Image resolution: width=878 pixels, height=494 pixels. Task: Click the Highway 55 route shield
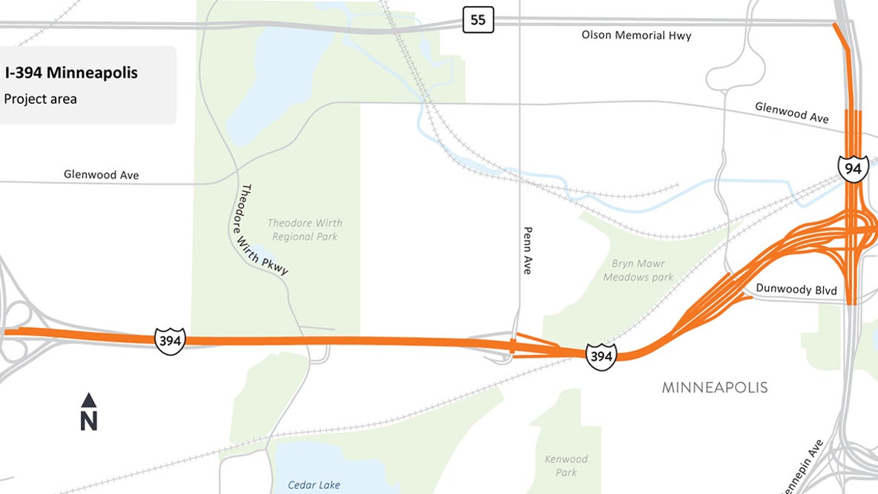(x=478, y=20)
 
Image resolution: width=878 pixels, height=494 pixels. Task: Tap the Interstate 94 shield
(x=853, y=168)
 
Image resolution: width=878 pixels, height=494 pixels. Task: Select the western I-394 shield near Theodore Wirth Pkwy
(x=170, y=340)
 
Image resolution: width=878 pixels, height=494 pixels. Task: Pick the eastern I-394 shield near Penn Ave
(x=601, y=357)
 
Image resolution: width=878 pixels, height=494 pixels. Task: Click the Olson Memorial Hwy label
(x=636, y=36)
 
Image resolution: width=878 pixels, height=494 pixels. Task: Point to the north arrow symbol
(x=89, y=401)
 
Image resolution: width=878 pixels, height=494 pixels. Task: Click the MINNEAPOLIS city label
(x=715, y=387)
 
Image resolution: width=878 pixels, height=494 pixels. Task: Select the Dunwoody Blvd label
(x=796, y=289)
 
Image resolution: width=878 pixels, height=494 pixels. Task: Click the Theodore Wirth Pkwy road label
(x=264, y=230)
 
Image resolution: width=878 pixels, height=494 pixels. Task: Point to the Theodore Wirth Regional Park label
(x=305, y=229)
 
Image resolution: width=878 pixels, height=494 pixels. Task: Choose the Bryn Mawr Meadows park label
(x=638, y=271)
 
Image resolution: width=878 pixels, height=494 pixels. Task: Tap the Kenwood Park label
(x=566, y=466)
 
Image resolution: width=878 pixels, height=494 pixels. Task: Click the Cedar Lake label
(x=314, y=485)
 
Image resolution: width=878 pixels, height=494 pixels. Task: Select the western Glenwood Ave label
(x=102, y=175)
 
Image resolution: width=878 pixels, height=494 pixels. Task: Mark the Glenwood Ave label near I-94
(x=792, y=113)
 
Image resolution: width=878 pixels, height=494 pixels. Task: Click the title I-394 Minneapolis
(x=71, y=73)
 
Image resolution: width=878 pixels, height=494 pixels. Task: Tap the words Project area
(x=41, y=99)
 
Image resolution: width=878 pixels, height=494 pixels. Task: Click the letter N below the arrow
(x=89, y=421)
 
